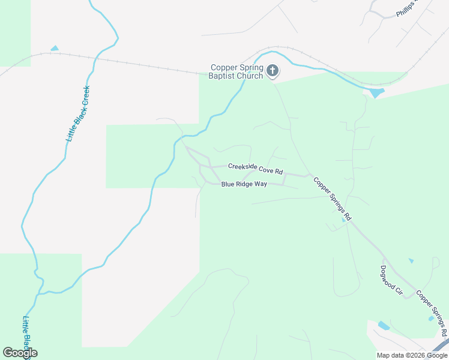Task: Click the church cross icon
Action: [273, 71]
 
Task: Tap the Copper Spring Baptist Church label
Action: [236, 71]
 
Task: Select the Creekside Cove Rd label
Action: [255, 170]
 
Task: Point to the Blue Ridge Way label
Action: [244, 184]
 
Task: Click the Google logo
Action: [20, 353]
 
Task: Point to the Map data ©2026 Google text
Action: [412, 355]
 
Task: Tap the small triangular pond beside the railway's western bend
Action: [55, 48]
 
